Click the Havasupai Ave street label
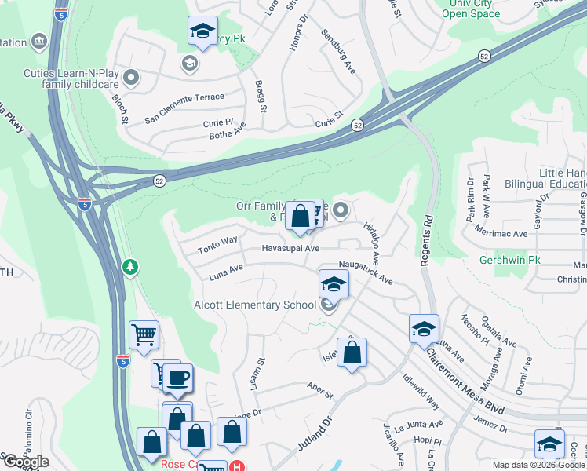(x=290, y=249)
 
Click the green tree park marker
(x=130, y=268)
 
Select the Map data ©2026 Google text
(x=538, y=465)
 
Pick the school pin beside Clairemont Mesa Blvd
(x=423, y=328)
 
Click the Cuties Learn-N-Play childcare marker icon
(x=131, y=78)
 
